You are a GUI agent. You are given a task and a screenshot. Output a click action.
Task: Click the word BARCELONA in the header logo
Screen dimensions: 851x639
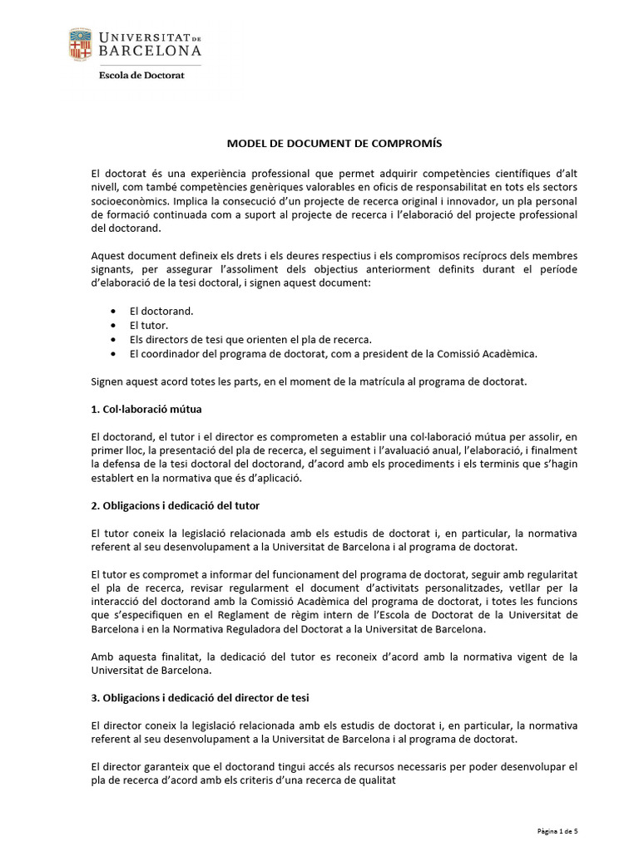click(x=149, y=52)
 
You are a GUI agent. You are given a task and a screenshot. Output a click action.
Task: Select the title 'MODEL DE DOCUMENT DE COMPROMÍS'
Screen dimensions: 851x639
click(x=324, y=144)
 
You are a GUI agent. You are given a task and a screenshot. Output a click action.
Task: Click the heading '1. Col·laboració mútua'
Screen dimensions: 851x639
click(x=146, y=410)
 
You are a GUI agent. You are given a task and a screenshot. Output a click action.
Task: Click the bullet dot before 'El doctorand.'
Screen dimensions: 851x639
click(x=113, y=311)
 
